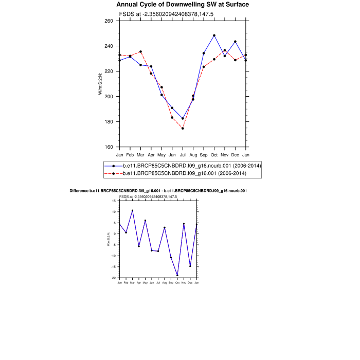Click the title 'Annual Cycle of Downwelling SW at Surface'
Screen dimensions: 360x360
[x=183, y=5]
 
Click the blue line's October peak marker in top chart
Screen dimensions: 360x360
[x=214, y=35]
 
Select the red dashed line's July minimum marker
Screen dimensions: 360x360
[x=183, y=128]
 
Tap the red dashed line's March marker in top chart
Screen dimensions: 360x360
[x=140, y=51]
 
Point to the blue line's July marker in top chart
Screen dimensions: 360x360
[x=183, y=118]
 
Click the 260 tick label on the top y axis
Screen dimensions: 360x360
[x=109, y=21]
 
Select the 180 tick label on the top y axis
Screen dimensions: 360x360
[x=109, y=122]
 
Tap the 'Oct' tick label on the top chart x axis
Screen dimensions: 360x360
[x=214, y=154]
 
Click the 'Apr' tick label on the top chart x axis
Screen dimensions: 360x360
[x=151, y=154]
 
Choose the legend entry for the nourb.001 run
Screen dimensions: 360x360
[x=191, y=166]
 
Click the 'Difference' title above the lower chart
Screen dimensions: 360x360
[x=158, y=191]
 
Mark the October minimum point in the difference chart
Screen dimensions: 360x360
[x=177, y=275]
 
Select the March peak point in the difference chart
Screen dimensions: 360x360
[x=132, y=210]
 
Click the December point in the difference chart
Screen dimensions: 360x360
[x=190, y=266]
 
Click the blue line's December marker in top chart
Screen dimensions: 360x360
[x=235, y=42]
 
